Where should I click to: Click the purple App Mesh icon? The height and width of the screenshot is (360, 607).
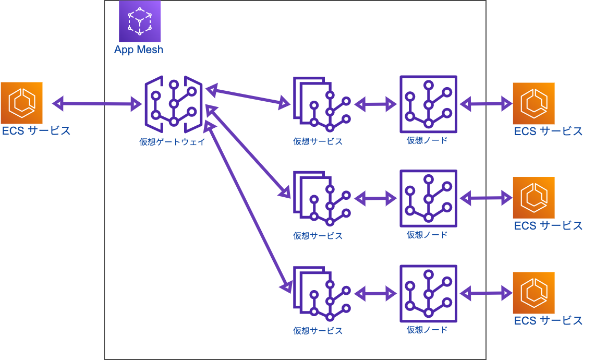(139, 21)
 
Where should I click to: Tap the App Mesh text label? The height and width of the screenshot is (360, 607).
(139, 50)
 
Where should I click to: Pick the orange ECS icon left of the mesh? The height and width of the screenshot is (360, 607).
(22, 103)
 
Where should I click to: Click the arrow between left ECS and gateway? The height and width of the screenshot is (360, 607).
(97, 103)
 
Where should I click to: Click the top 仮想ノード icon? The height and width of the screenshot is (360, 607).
(428, 104)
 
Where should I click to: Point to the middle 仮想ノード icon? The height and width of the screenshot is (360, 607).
(428, 198)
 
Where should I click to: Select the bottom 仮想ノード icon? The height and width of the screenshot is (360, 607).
(428, 293)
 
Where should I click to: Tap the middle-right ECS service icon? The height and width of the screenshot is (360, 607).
(533, 197)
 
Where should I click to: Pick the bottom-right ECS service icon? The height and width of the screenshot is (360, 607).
(533, 292)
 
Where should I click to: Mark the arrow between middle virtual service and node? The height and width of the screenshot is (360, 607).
(375, 198)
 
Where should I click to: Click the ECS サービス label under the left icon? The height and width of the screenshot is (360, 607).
(36, 130)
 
